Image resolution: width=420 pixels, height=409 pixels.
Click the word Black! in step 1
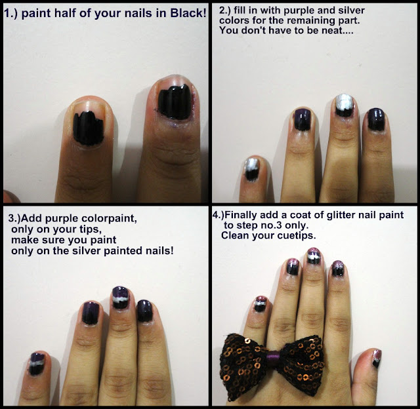tap(188, 13)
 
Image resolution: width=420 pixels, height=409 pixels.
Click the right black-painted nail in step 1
tap(175, 100)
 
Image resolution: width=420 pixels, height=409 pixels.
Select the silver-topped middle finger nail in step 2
tap(345, 105)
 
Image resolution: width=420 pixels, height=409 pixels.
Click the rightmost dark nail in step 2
tap(376, 119)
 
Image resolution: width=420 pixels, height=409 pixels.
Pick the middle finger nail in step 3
tap(120, 298)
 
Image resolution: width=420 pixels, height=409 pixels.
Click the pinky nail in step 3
tap(37, 364)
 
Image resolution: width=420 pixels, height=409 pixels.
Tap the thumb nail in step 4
tap(377, 359)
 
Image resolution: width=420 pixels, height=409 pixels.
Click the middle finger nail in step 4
tap(314, 256)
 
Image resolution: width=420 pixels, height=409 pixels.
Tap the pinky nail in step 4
tap(260, 304)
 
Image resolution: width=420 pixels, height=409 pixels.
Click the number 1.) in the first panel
tap(10, 13)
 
